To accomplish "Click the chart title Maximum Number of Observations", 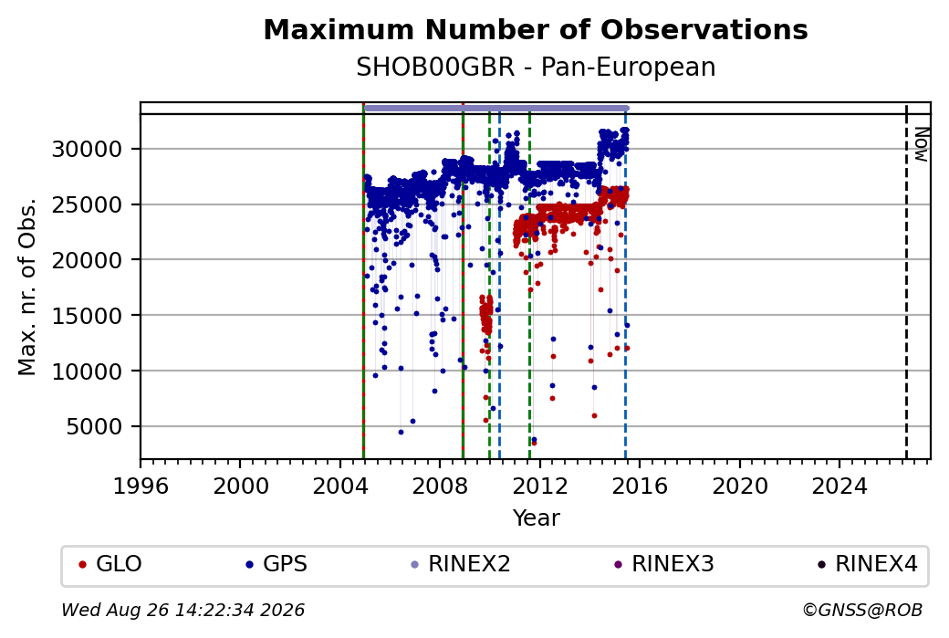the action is (x=536, y=29).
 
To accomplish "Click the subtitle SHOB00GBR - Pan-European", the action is (x=536, y=68).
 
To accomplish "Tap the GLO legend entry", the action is (x=110, y=564).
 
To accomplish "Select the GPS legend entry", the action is (x=276, y=564).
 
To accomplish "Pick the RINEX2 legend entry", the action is (x=461, y=564).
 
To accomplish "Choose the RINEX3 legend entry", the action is (x=664, y=564).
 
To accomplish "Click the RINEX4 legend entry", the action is (x=867, y=564).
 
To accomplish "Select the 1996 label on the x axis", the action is (x=141, y=486).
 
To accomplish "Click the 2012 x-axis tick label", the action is (x=540, y=486).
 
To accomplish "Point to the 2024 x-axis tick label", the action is (x=839, y=486).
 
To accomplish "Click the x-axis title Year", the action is (x=537, y=518).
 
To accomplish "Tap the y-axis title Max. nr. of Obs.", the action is (x=27, y=287).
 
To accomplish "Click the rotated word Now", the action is (x=921, y=145).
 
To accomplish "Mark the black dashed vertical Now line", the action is (x=906, y=281).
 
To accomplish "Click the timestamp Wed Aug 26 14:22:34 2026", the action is (x=182, y=610).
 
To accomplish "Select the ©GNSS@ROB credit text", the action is (x=862, y=610).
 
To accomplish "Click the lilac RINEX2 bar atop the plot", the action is (x=495, y=109).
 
